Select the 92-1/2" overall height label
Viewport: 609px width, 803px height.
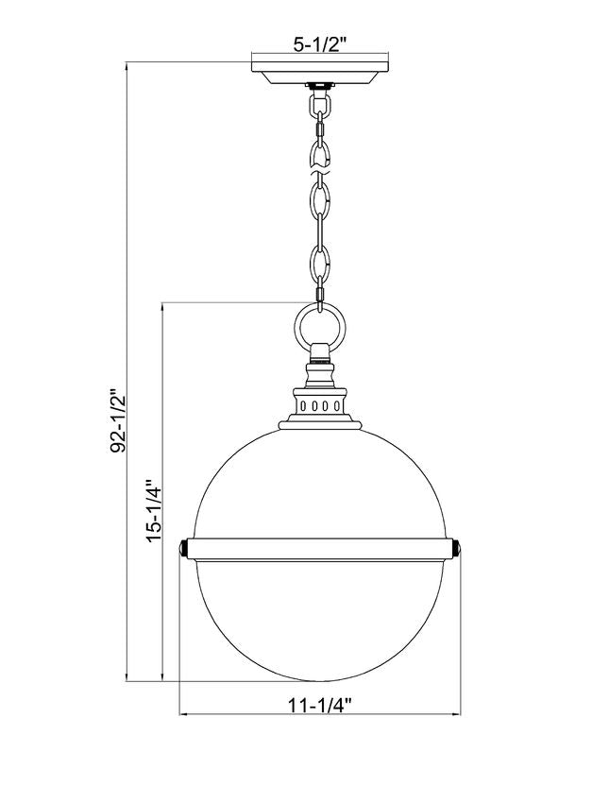click(118, 419)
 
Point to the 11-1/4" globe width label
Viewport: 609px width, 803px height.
click(320, 703)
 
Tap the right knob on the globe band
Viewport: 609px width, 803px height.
click(457, 549)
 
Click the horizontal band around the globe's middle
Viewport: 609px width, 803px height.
click(321, 549)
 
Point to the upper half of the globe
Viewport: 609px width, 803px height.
click(321, 482)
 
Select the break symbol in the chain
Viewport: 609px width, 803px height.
click(321, 168)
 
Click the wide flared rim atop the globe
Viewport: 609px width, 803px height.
click(321, 424)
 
